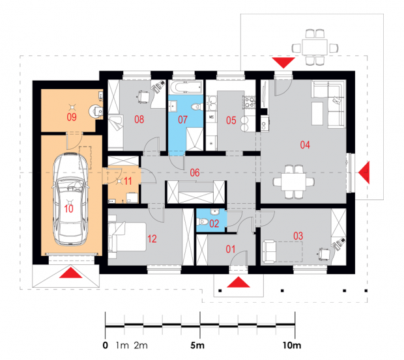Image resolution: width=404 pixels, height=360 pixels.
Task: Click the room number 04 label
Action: pos(305,145)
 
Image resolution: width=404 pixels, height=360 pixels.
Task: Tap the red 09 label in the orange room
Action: pos(72,117)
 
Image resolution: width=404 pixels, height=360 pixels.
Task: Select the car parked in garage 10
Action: pos(70,199)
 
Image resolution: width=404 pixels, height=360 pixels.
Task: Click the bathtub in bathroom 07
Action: pos(186,87)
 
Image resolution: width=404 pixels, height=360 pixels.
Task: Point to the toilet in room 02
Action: pos(203,221)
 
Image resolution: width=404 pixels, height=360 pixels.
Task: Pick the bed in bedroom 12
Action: pos(127,237)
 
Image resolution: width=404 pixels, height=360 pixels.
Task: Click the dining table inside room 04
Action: pos(293,182)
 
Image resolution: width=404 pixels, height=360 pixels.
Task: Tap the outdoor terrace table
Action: pos(315,48)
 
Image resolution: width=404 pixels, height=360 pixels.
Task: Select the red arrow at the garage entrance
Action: pos(70,273)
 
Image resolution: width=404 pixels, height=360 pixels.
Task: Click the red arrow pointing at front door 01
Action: pos(238,282)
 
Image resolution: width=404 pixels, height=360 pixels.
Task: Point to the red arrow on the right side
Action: pos(364,173)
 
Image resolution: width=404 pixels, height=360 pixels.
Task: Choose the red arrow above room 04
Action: pos(283,62)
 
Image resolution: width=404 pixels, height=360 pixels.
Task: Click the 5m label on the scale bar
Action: pos(197,345)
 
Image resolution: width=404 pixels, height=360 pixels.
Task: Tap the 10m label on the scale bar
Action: pos(292,345)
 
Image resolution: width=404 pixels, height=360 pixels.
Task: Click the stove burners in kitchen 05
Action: pos(250,102)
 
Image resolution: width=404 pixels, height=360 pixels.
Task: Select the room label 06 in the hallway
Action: pos(195,173)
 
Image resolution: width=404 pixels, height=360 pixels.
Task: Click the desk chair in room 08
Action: pos(143,96)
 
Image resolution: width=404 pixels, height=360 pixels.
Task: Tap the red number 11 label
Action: pos(128,181)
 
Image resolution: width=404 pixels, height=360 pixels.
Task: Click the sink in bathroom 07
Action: pos(173,105)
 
